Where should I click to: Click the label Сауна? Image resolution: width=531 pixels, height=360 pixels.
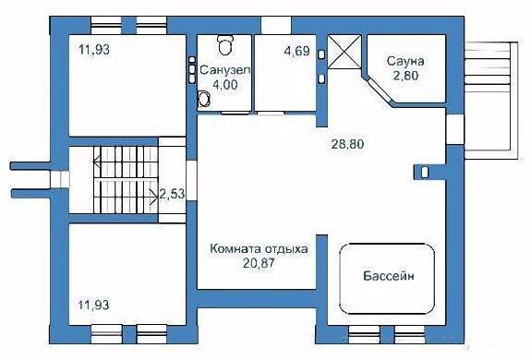point(405,62)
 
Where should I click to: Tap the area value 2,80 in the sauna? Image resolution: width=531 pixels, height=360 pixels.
point(405,76)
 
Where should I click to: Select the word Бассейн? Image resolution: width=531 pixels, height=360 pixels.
point(389,276)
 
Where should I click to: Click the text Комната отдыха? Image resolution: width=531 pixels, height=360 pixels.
point(259,249)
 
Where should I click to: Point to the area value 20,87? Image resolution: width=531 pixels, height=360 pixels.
point(259,263)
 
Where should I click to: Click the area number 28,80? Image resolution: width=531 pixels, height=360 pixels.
point(347,144)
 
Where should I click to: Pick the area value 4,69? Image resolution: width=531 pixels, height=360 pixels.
point(297,51)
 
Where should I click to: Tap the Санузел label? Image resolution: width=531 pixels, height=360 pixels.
point(224,71)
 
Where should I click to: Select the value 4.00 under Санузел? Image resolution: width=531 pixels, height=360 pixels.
point(224,85)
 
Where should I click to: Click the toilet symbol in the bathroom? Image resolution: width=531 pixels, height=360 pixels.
point(224,45)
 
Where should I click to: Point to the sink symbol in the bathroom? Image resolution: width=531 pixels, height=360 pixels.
point(204,100)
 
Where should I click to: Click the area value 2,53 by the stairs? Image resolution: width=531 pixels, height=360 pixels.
point(172,194)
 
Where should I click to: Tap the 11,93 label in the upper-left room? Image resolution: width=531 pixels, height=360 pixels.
point(94,50)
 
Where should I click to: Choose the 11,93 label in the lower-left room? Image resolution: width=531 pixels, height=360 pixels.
point(94,305)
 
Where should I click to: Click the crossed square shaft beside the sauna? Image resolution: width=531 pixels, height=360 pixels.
point(344,52)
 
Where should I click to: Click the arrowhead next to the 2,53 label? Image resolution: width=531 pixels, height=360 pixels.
point(154,197)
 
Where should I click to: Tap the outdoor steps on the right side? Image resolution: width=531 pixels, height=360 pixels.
point(491,101)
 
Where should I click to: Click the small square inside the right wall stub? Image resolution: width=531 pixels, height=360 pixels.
point(425,173)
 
